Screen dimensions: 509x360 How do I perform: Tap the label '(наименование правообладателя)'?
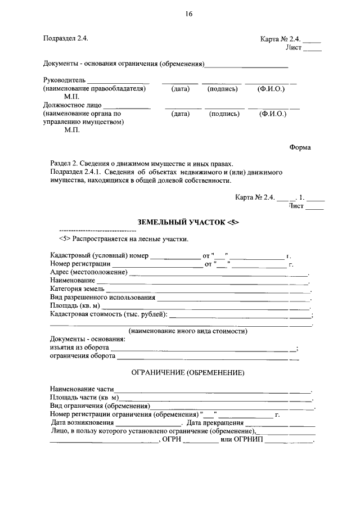[94, 89]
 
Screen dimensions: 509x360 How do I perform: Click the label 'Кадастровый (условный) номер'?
[98, 256]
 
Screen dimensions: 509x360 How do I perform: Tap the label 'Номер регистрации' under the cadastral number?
[79, 264]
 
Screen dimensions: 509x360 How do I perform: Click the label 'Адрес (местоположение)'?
[88, 272]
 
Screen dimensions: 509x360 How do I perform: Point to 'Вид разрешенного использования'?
[102, 297]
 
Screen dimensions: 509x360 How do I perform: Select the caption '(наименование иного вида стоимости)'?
[188, 331]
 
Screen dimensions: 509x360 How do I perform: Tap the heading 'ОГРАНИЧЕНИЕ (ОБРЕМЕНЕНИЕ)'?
[188, 372]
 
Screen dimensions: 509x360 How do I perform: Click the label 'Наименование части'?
[82, 389]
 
